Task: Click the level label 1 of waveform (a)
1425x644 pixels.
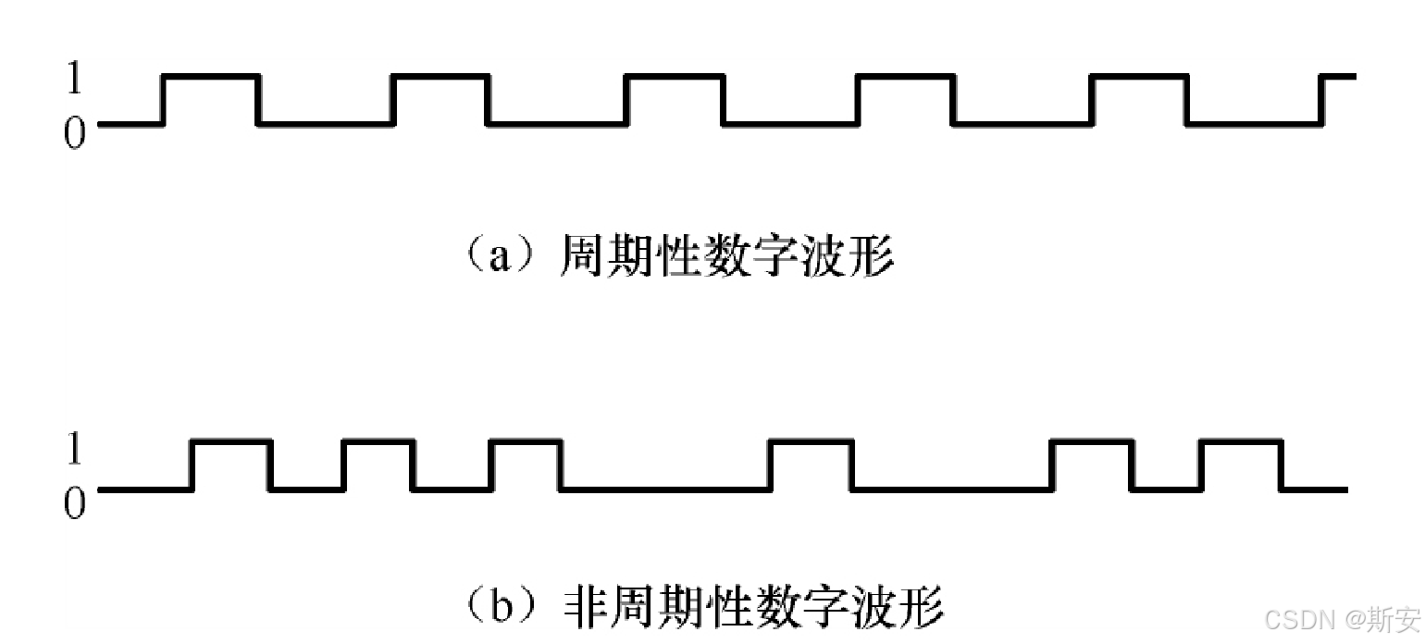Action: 74,80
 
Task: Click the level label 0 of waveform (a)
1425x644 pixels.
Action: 74,135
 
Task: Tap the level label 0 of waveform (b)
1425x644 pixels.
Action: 74,504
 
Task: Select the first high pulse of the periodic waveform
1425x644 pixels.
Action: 211,78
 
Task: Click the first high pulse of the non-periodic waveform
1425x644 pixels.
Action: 231,443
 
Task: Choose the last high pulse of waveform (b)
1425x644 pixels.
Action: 1241,443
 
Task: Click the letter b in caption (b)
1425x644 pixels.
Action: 502,607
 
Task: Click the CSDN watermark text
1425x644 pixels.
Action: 1295,619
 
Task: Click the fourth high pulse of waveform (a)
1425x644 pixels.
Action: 905,78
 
